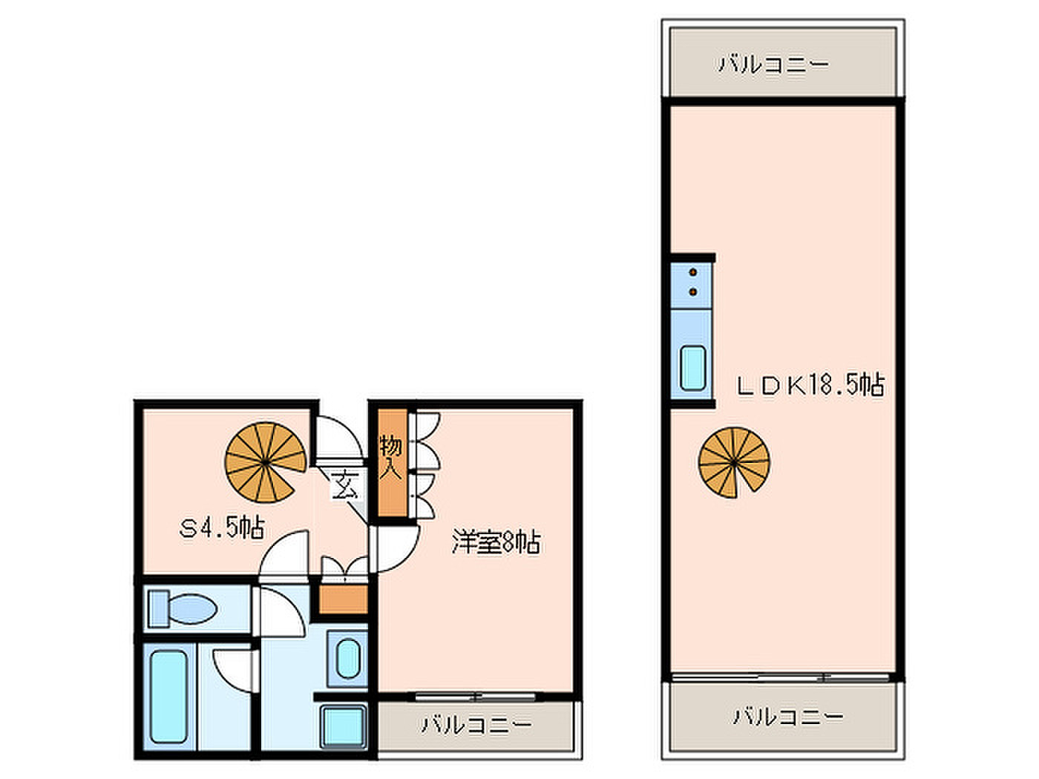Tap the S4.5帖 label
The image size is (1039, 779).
pos(221,529)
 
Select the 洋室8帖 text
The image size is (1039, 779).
pos(496,542)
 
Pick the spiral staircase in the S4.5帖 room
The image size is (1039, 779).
pos(265,462)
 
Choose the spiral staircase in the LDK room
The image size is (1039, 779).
pos(734,462)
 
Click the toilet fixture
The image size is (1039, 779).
pos(183,608)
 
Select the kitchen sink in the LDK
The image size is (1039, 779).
pos(692,369)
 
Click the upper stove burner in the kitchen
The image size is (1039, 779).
pos(693,272)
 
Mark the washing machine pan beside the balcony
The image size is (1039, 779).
pos(344,727)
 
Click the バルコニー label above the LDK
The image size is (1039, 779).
pos(774,64)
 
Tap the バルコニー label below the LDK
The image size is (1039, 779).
pos(788,717)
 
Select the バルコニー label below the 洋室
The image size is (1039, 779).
pos(476,723)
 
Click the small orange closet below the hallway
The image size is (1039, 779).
pos(343,599)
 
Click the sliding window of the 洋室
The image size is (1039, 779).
pos(476,696)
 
